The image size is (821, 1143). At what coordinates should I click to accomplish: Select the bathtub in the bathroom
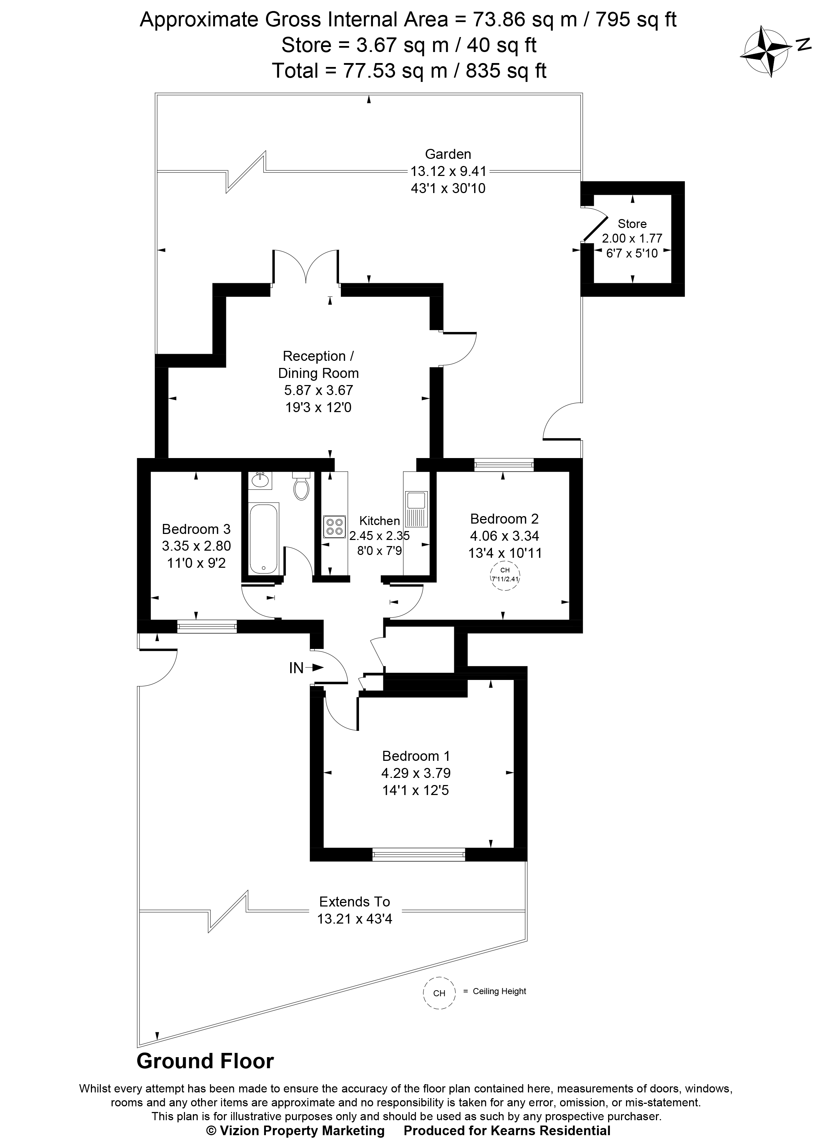pyautogui.click(x=263, y=538)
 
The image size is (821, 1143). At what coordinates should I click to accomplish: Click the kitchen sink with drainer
pyautogui.click(x=416, y=509)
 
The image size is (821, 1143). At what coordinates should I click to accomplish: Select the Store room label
pyautogui.click(x=632, y=224)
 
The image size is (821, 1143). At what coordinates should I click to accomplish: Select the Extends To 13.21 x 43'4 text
pyautogui.click(x=354, y=910)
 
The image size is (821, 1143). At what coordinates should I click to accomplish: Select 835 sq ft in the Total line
pyautogui.click(x=506, y=71)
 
